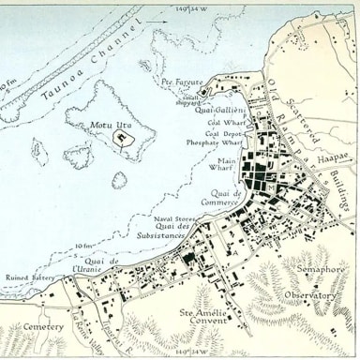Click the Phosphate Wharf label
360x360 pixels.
point(217,142)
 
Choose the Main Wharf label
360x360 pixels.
point(222,164)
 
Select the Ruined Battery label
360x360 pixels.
point(33,277)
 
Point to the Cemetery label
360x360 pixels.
point(43,327)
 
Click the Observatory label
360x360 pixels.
point(310,296)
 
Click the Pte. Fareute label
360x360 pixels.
point(182,82)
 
